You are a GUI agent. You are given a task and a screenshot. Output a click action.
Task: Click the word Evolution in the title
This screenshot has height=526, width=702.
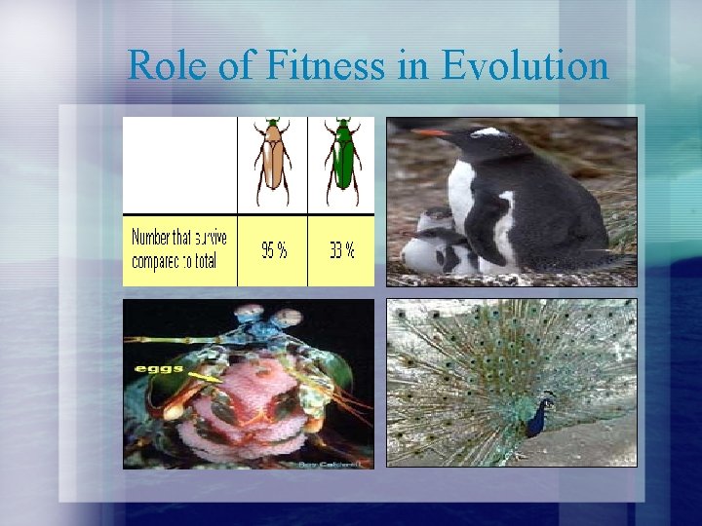pos(526,65)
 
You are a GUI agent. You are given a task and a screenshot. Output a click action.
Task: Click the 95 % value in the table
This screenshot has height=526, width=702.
pos(274,250)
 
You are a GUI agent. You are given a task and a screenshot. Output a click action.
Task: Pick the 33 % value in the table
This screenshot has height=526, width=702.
pos(341,250)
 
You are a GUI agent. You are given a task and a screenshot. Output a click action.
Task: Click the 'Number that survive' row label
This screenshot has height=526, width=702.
pos(179,238)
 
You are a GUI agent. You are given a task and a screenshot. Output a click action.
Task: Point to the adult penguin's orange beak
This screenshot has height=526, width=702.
pos(430,131)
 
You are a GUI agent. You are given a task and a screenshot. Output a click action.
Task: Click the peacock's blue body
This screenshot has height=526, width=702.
pos(536,419)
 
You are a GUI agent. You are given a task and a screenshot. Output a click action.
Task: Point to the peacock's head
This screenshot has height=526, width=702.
pos(549,398)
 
